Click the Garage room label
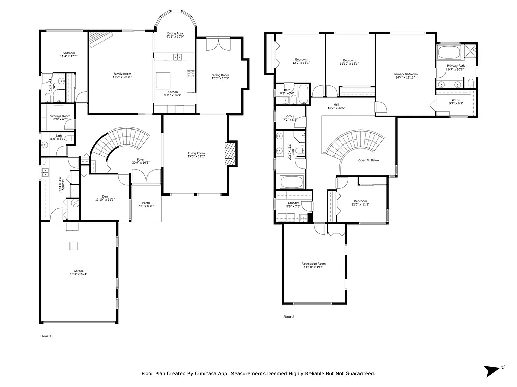[78, 272]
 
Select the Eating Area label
[175, 35]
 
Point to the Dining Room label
[220, 77]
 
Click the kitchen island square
[163, 80]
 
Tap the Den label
[105, 198]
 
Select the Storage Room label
[60, 118]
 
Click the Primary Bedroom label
[405, 76]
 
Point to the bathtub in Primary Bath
[448, 53]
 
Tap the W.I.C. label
[456, 101]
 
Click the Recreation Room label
[314, 265]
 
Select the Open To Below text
[369, 160]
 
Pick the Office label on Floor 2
[290, 118]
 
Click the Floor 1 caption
[46, 336]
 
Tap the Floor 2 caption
[288, 317]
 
